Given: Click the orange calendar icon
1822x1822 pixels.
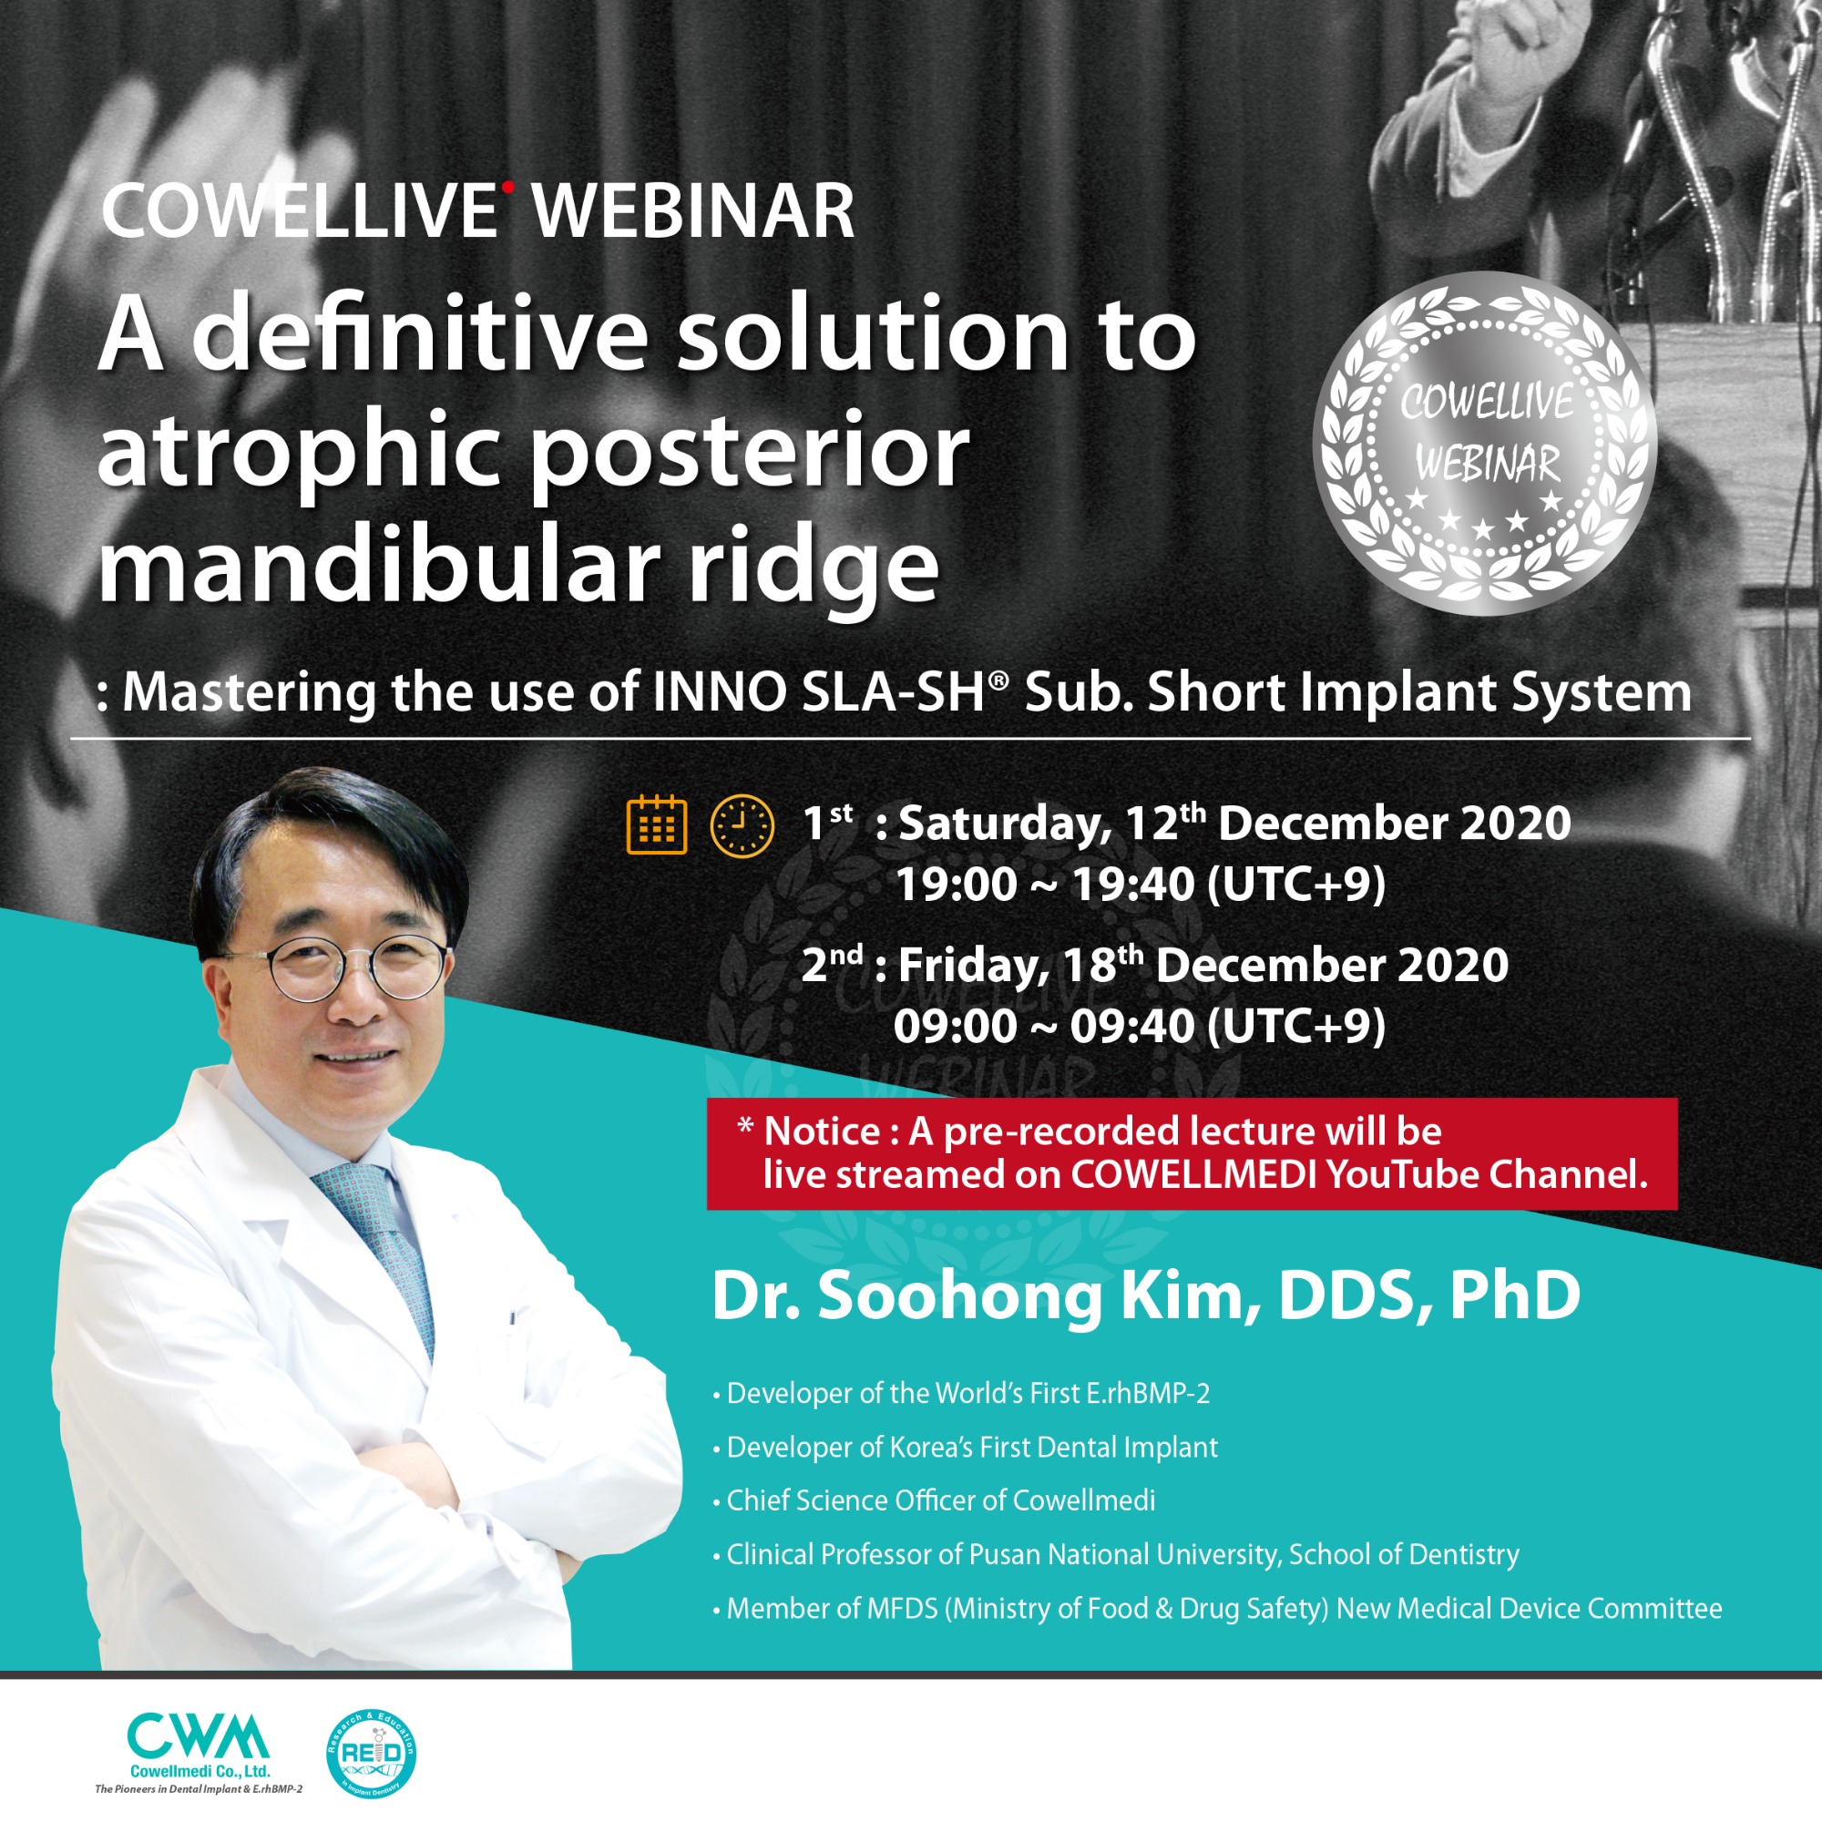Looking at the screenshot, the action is click(x=656, y=825).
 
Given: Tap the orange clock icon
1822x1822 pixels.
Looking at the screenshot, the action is click(x=742, y=826).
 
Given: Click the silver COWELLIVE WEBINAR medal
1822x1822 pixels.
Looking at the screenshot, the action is click(x=1484, y=445).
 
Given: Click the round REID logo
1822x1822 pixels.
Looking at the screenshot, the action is click(x=371, y=1753).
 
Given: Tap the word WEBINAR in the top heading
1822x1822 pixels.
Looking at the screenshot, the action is click(x=694, y=211).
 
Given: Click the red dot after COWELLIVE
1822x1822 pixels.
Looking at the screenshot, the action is click(x=508, y=187).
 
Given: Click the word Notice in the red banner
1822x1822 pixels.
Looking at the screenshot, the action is click(x=822, y=1130).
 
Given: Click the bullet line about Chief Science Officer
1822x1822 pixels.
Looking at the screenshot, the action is click(x=935, y=1500).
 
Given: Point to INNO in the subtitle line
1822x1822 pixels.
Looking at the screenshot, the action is click(x=720, y=692).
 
